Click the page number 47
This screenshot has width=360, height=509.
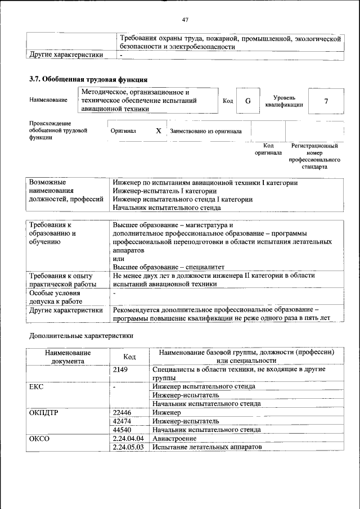point(185,20)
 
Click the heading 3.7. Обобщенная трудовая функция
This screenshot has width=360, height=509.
point(88,79)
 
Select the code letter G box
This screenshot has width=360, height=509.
point(247,101)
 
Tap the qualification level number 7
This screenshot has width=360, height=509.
point(326,101)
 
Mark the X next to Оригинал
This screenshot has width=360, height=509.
point(159,130)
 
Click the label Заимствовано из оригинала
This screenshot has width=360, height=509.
point(206,131)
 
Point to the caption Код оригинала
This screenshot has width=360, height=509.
point(268,149)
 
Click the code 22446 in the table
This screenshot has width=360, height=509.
point(122,412)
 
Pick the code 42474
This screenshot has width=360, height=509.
point(122,421)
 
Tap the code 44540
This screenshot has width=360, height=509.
point(122,429)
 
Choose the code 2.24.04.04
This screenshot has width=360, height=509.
point(128,438)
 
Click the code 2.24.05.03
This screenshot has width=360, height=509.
point(128,447)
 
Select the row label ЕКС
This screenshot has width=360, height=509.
point(36,387)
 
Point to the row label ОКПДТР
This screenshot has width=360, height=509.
point(44,412)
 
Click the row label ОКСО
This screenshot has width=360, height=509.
point(39,438)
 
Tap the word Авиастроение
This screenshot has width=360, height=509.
point(174,438)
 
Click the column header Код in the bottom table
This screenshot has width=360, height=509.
point(129,357)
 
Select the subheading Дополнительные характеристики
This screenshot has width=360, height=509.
point(81,336)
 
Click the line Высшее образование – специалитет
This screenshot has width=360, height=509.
point(168,267)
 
